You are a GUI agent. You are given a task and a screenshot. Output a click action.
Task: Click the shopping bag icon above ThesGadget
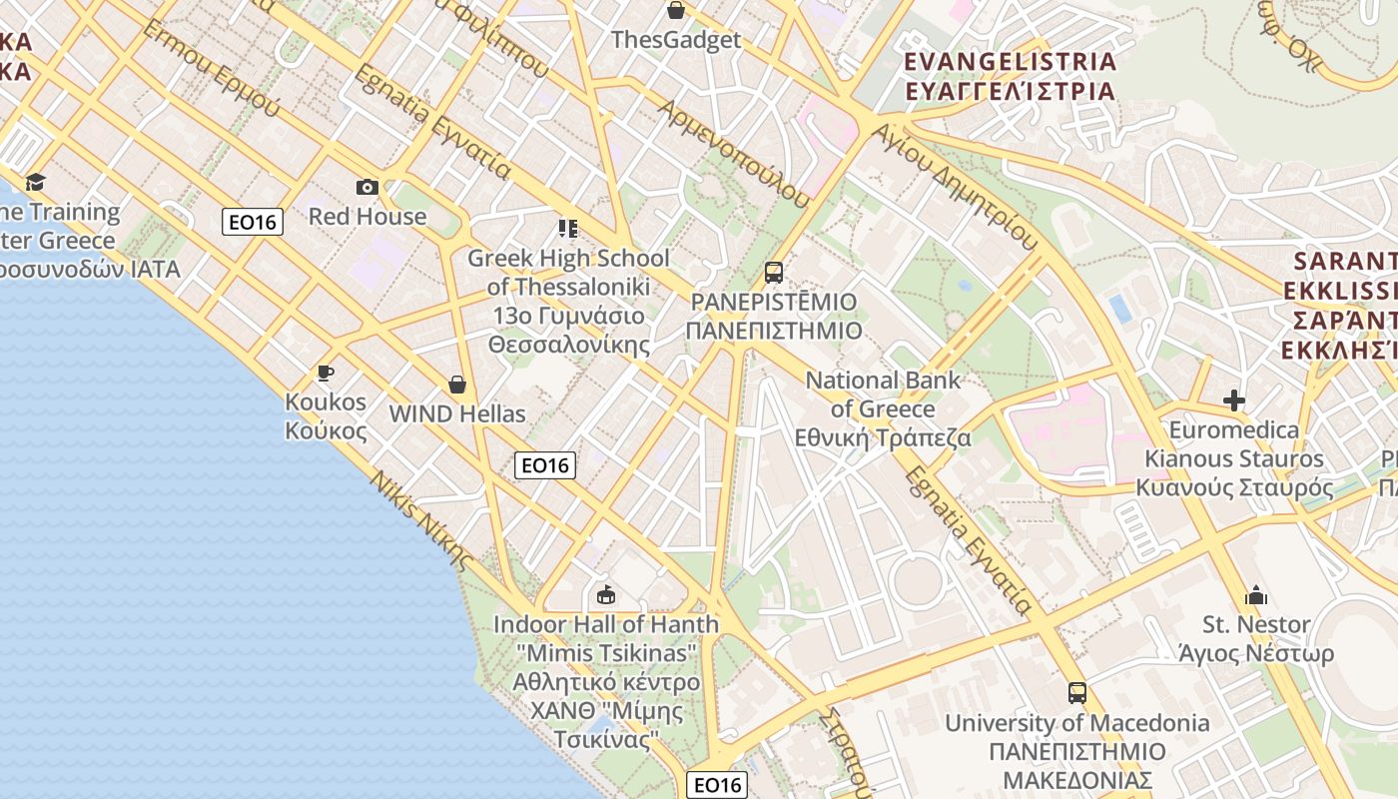pos(676,11)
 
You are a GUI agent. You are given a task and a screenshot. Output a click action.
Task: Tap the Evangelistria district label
pos(1010,76)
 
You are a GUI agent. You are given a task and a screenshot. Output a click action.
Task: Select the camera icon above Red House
pos(366,187)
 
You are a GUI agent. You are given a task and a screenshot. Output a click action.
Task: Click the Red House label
pos(366,216)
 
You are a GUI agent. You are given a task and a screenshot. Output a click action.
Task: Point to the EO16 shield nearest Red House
pos(253,222)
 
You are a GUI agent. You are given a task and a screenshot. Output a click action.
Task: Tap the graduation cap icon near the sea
pos(35,182)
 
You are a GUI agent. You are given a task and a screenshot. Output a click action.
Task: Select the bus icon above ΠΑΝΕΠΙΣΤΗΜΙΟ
pos(773,272)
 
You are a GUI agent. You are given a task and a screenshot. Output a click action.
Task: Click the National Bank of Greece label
pos(883,408)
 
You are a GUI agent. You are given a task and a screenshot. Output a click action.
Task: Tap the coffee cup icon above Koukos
pos(325,374)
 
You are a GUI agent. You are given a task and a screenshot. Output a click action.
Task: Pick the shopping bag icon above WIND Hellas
pos(457,385)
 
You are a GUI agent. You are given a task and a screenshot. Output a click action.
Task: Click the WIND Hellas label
pos(457,413)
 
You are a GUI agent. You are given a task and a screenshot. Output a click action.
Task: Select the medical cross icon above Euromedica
pos(1234,401)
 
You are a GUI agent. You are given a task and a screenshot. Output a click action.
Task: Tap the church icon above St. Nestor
pos(1256,596)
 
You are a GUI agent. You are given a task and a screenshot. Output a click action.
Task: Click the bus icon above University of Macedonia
pos(1076,692)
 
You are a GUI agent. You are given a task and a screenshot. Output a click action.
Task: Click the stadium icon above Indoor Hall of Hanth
pos(605,596)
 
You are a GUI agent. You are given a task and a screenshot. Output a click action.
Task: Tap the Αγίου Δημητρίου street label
pos(953,186)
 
